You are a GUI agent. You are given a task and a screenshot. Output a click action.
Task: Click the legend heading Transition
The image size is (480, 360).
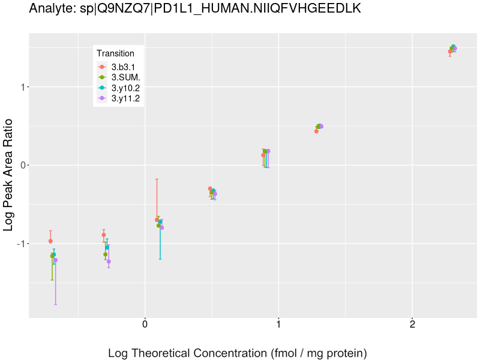115,53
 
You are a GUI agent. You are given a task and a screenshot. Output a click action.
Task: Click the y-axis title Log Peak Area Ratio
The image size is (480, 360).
9,174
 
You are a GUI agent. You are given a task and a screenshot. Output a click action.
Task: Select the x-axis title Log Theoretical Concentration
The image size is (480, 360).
237,353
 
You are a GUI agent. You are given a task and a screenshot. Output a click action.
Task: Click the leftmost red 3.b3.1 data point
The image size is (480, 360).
50,241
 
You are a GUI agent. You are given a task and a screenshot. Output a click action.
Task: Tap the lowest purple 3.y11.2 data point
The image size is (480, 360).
109,261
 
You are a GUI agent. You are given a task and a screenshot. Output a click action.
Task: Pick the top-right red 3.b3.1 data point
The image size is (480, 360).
450,52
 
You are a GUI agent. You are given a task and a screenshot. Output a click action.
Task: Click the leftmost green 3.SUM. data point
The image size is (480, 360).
52,256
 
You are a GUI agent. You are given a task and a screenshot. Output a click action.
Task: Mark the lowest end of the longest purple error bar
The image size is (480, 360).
55,304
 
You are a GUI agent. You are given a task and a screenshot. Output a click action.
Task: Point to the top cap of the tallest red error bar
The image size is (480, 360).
157,179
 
